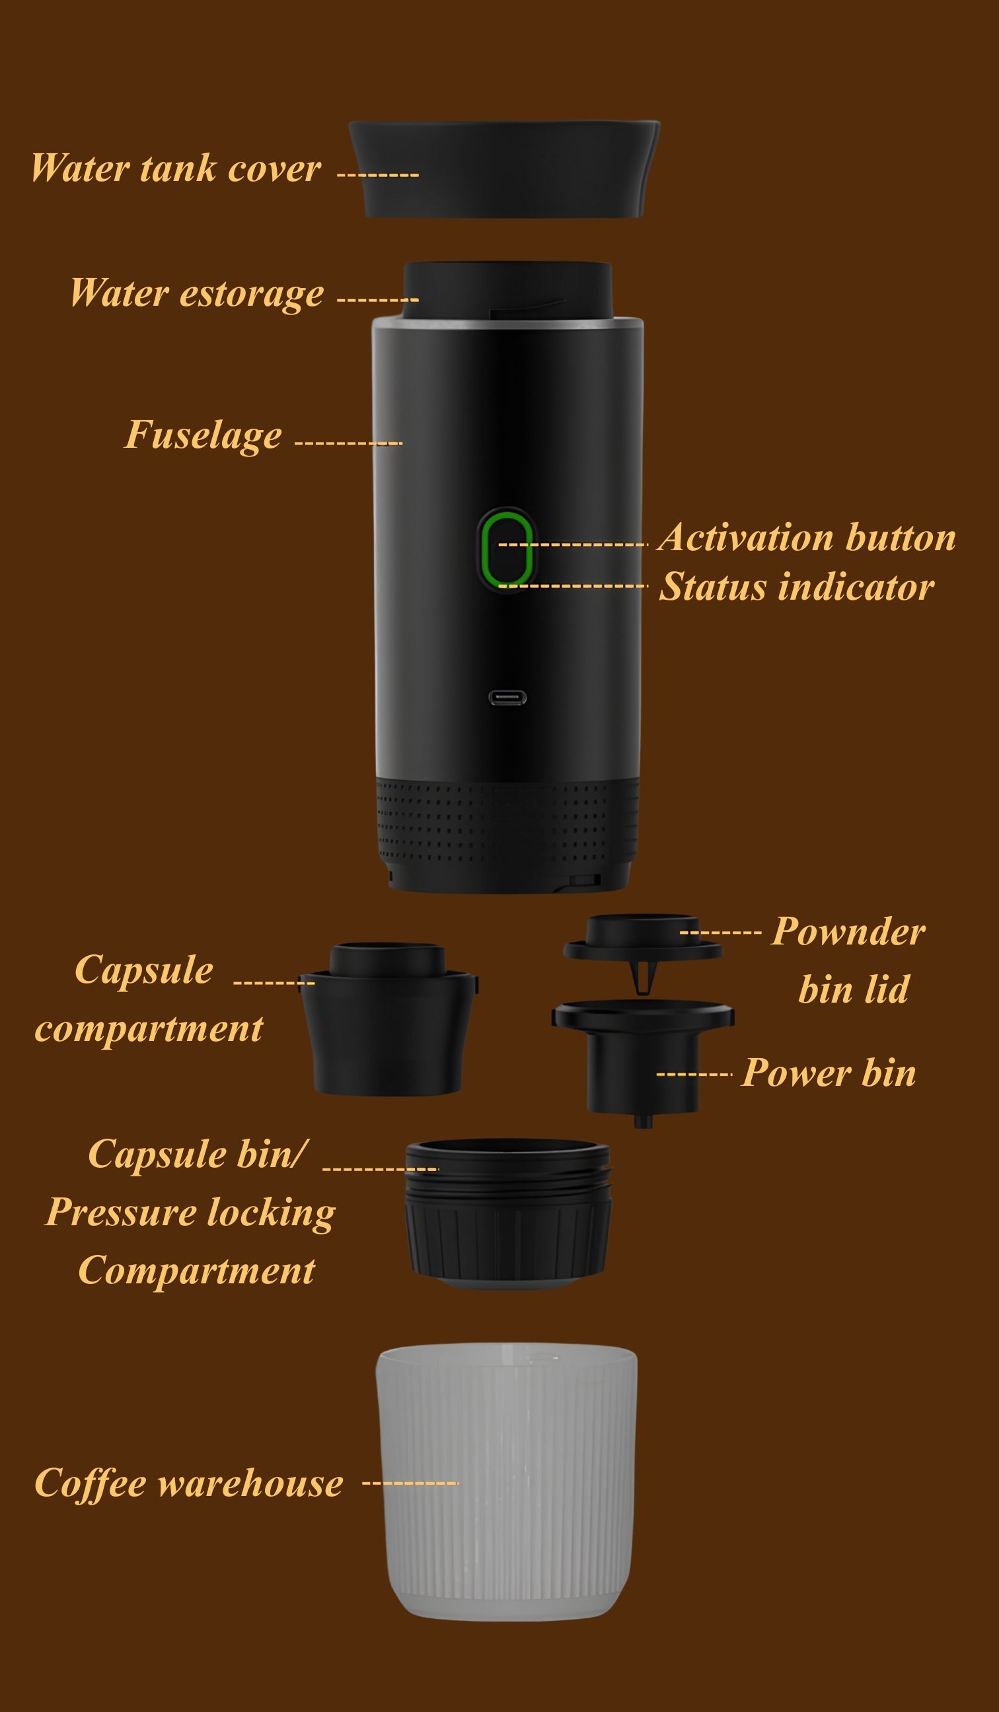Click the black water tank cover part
tap(504, 169)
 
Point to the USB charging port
tap(507, 697)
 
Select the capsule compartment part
tap(388, 1018)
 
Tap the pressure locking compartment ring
tap(507, 1214)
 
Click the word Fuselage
tap(203, 435)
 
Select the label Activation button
tap(807, 538)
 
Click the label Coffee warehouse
tap(189, 1482)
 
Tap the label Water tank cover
tap(175, 168)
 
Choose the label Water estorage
tap(197, 293)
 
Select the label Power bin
tap(829, 1073)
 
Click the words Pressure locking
tap(190, 1213)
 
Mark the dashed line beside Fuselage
tap(349, 444)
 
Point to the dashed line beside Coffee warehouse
tap(411, 1483)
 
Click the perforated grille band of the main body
tap(507, 822)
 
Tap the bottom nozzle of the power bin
tap(644, 1120)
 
